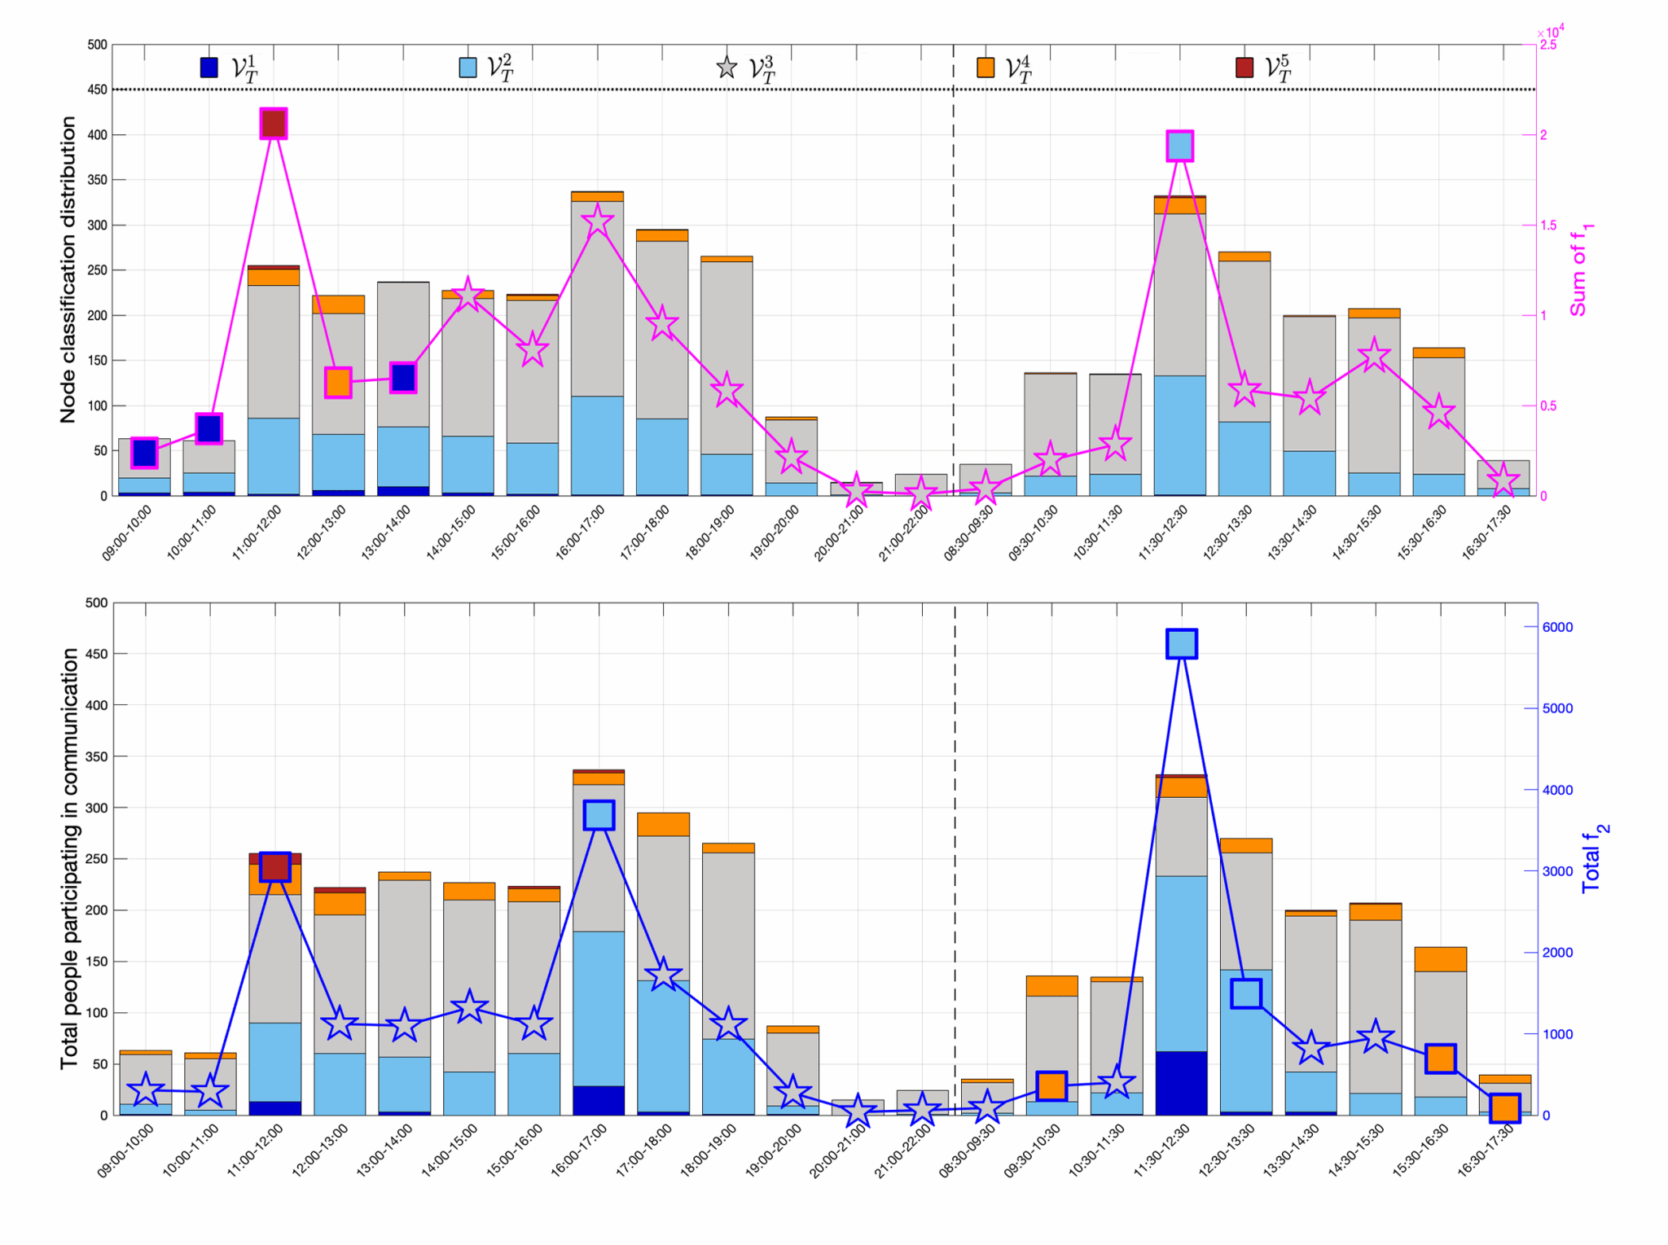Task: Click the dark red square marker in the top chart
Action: click(x=274, y=124)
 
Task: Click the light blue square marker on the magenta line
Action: click(x=1180, y=146)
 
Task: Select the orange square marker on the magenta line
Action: click(x=338, y=382)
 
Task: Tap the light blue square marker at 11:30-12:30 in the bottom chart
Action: click(x=1182, y=643)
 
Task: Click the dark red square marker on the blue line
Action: click(x=275, y=867)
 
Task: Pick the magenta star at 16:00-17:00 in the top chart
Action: click(x=597, y=221)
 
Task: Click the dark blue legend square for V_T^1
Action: click(x=209, y=68)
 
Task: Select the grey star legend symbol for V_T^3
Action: click(x=726, y=68)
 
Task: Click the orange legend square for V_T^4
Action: click(x=985, y=68)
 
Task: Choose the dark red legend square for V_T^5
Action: click(x=1244, y=68)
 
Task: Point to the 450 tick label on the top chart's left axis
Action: click(x=97, y=90)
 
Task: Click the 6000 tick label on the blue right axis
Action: click(x=1558, y=627)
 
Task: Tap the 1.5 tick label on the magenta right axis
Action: click(x=1547, y=226)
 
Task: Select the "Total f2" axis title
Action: click(x=1594, y=858)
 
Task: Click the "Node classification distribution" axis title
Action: click(x=68, y=270)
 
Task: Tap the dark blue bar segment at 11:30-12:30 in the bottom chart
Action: click(x=1182, y=1083)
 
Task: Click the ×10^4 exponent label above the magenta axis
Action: click(x=1551, y=32)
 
